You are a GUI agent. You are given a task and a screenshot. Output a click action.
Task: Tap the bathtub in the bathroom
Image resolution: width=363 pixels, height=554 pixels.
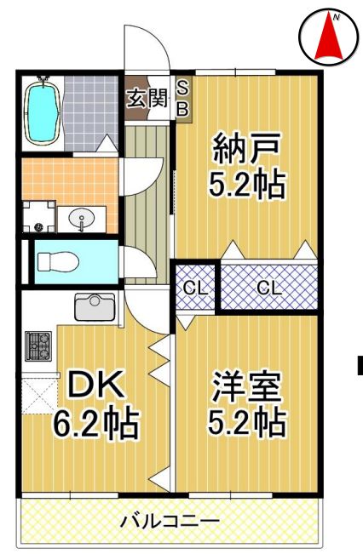click(x=42, y=111)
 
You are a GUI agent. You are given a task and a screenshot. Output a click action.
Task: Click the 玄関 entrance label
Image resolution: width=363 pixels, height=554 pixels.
click(x=147, y=97)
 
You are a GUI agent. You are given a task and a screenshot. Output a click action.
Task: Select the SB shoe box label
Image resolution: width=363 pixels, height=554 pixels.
click(x=182, y=97)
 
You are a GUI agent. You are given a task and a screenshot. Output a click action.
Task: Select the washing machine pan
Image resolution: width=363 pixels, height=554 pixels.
click(x=38, y=216)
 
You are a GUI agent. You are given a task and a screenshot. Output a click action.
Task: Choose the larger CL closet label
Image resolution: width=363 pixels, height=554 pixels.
click(x=269, y=287)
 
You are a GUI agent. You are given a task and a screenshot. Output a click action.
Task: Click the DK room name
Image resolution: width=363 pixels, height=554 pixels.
click(x=95, y=388)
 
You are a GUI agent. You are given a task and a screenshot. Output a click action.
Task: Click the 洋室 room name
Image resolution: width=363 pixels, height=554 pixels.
click(x=246, y=388)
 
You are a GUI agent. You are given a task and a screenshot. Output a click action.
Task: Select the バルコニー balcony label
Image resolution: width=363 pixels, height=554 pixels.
click(x=170, y=519)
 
